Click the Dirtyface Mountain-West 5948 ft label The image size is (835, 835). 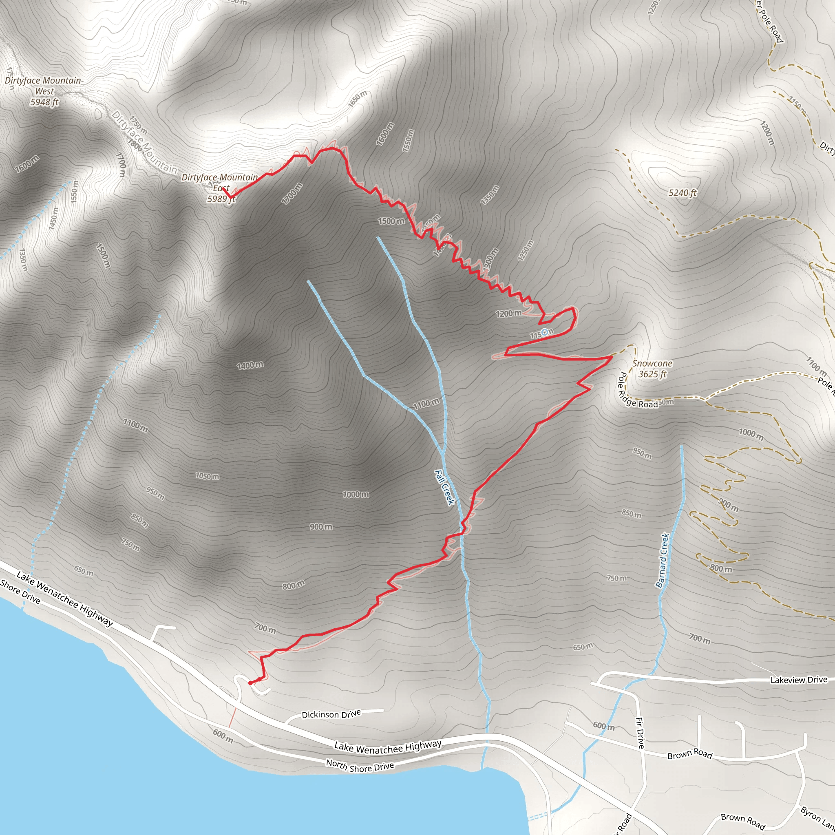point(44,91)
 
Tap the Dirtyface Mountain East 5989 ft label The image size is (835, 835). point(220,188)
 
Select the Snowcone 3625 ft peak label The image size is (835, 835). point(652,369)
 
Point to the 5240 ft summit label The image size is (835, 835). point(683,193)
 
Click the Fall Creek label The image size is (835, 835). point(444,487)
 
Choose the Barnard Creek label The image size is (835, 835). point(662,560)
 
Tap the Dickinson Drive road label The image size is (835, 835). point(331,714)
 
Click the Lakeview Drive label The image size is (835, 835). point(799,680)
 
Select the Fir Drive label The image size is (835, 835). point(641,733)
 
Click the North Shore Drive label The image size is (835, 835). point(360,766)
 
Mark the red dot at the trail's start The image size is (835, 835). point(250,683)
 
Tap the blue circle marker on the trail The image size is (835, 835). point(545,332)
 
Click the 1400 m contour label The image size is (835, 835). point(250,366)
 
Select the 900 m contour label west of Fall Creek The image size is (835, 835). point(321,527)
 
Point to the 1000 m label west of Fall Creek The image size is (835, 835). point(356,495)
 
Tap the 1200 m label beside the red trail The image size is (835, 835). point(509,314)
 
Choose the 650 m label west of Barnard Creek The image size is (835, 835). point(583,647)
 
